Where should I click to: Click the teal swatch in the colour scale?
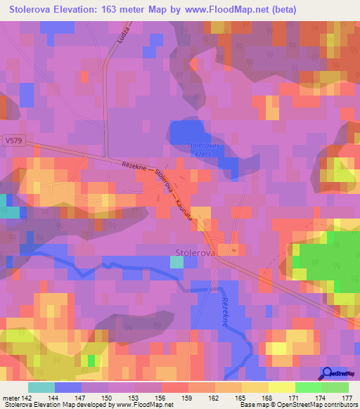tap(41, 387)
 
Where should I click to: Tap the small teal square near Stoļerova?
tap(177, 261)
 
